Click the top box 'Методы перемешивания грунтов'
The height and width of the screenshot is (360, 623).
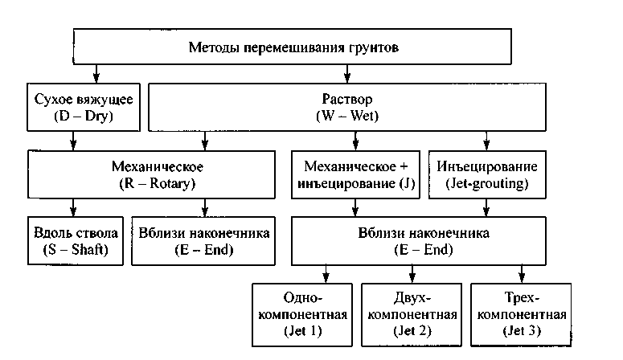(293, 47)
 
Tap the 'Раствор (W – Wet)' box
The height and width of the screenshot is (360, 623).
(348, 107)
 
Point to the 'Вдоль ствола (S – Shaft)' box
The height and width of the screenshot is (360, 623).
(72, 241)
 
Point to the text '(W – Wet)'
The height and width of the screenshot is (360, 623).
(348, 116)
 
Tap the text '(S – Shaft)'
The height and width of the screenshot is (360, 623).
(72, 250)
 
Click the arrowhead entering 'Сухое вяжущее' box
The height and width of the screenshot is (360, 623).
(96, 79)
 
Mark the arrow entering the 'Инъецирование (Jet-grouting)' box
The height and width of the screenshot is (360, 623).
(486, 145)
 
